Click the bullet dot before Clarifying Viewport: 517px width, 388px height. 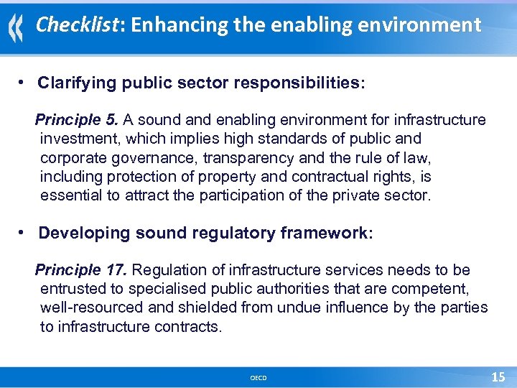coord(24,82)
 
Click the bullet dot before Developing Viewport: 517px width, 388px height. coord(24,232)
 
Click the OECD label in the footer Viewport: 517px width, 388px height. coord(258,378)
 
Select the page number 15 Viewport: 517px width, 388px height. coord(498,377)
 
